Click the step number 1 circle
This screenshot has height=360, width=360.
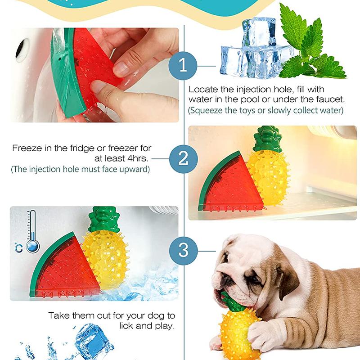click(183, 66)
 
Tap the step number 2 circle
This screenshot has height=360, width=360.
click(183, 158)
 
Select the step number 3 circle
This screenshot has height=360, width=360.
click(183, 250)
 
